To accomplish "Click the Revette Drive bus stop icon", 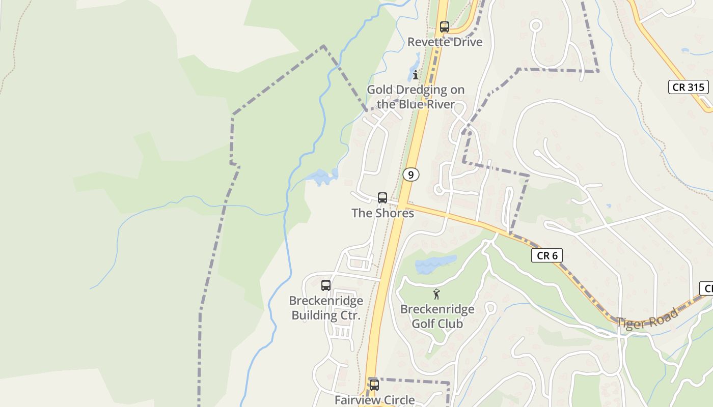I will coord(445,27).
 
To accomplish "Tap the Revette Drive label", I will coord(445,42).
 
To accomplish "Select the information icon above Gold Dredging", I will coord(416,75).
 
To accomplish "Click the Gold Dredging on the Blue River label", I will coord(416,97).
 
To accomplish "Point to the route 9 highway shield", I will coord(410,175).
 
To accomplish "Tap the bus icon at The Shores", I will coord(382,198).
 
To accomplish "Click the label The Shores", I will coord(382,213).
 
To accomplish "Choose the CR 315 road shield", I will coord(689,87).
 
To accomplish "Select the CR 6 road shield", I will coord(547,255).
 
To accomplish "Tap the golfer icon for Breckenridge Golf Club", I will coord(436,294).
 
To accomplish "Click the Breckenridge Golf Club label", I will coord(437,316).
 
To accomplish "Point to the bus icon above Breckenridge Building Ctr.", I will coord(326,285).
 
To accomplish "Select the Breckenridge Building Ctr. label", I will coord(326,308).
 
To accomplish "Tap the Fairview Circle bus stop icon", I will coord(374,385).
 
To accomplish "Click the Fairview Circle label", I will coord(374,400).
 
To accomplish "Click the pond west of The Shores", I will coord(322,177).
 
